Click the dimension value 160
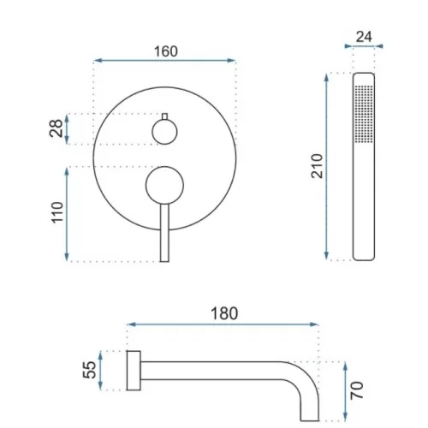click(166, 51)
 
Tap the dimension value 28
click(56, 128)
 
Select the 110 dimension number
click(57, 212)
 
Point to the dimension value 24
click(364, 37)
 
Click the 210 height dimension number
click(317, 166)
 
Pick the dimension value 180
click(224, 313)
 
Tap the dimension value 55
click(89, 370)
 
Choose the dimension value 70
click(357, 390)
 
